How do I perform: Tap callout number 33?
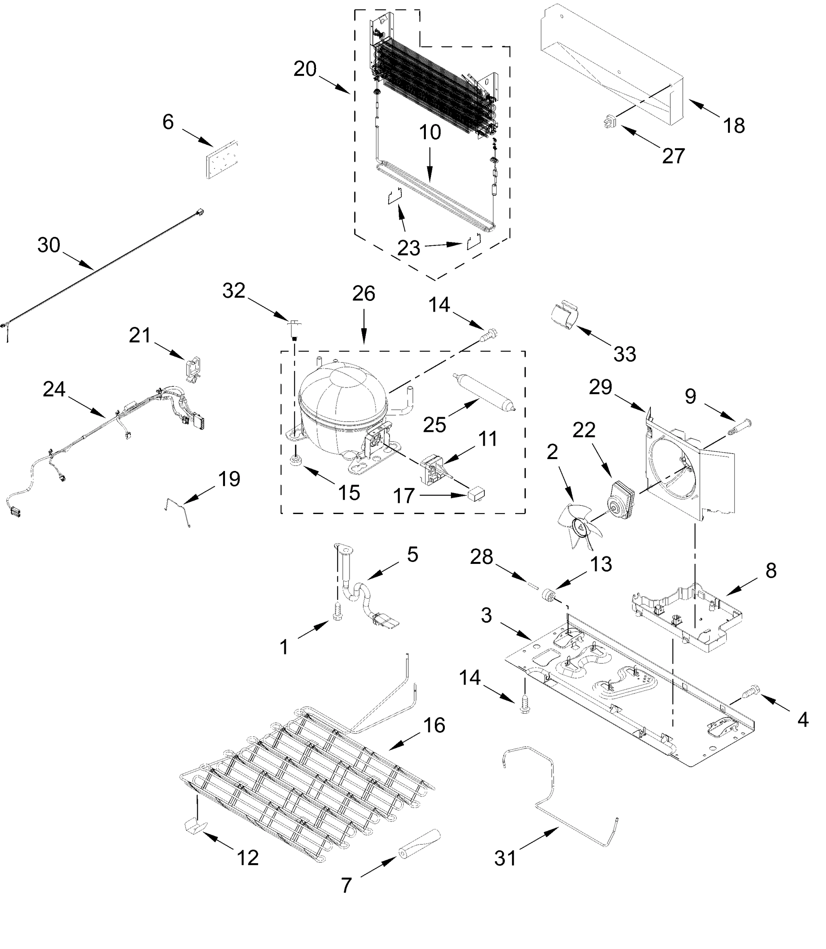tap(625, 354)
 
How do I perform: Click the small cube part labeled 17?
tap(476, 495)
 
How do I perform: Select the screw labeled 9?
tap(740, 426)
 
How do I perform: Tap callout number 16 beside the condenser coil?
tap(434, 725)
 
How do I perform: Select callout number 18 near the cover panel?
tap(734, 125)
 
